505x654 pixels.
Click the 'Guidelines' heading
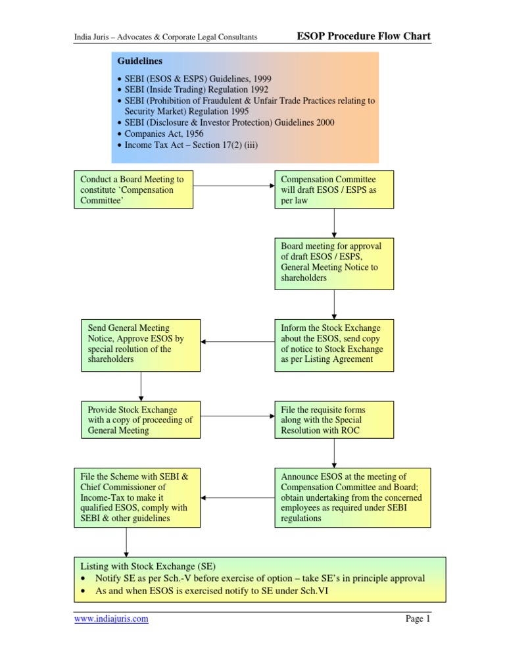(x=139, y=61)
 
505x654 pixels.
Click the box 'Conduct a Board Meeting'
(x=133, y=189)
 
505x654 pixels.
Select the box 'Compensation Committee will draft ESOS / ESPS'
(x=334, y=189)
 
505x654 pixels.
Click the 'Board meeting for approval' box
(x=334, y=264)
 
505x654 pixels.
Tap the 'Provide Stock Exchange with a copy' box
(x=141, y=420)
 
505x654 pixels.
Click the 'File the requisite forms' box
(x=334, y=420)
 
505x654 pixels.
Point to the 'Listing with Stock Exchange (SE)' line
(x=147, y=566)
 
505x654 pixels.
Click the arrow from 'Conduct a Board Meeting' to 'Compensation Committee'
(x=234, y=186)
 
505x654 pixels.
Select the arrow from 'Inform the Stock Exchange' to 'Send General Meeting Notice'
(x=238, y=342)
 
